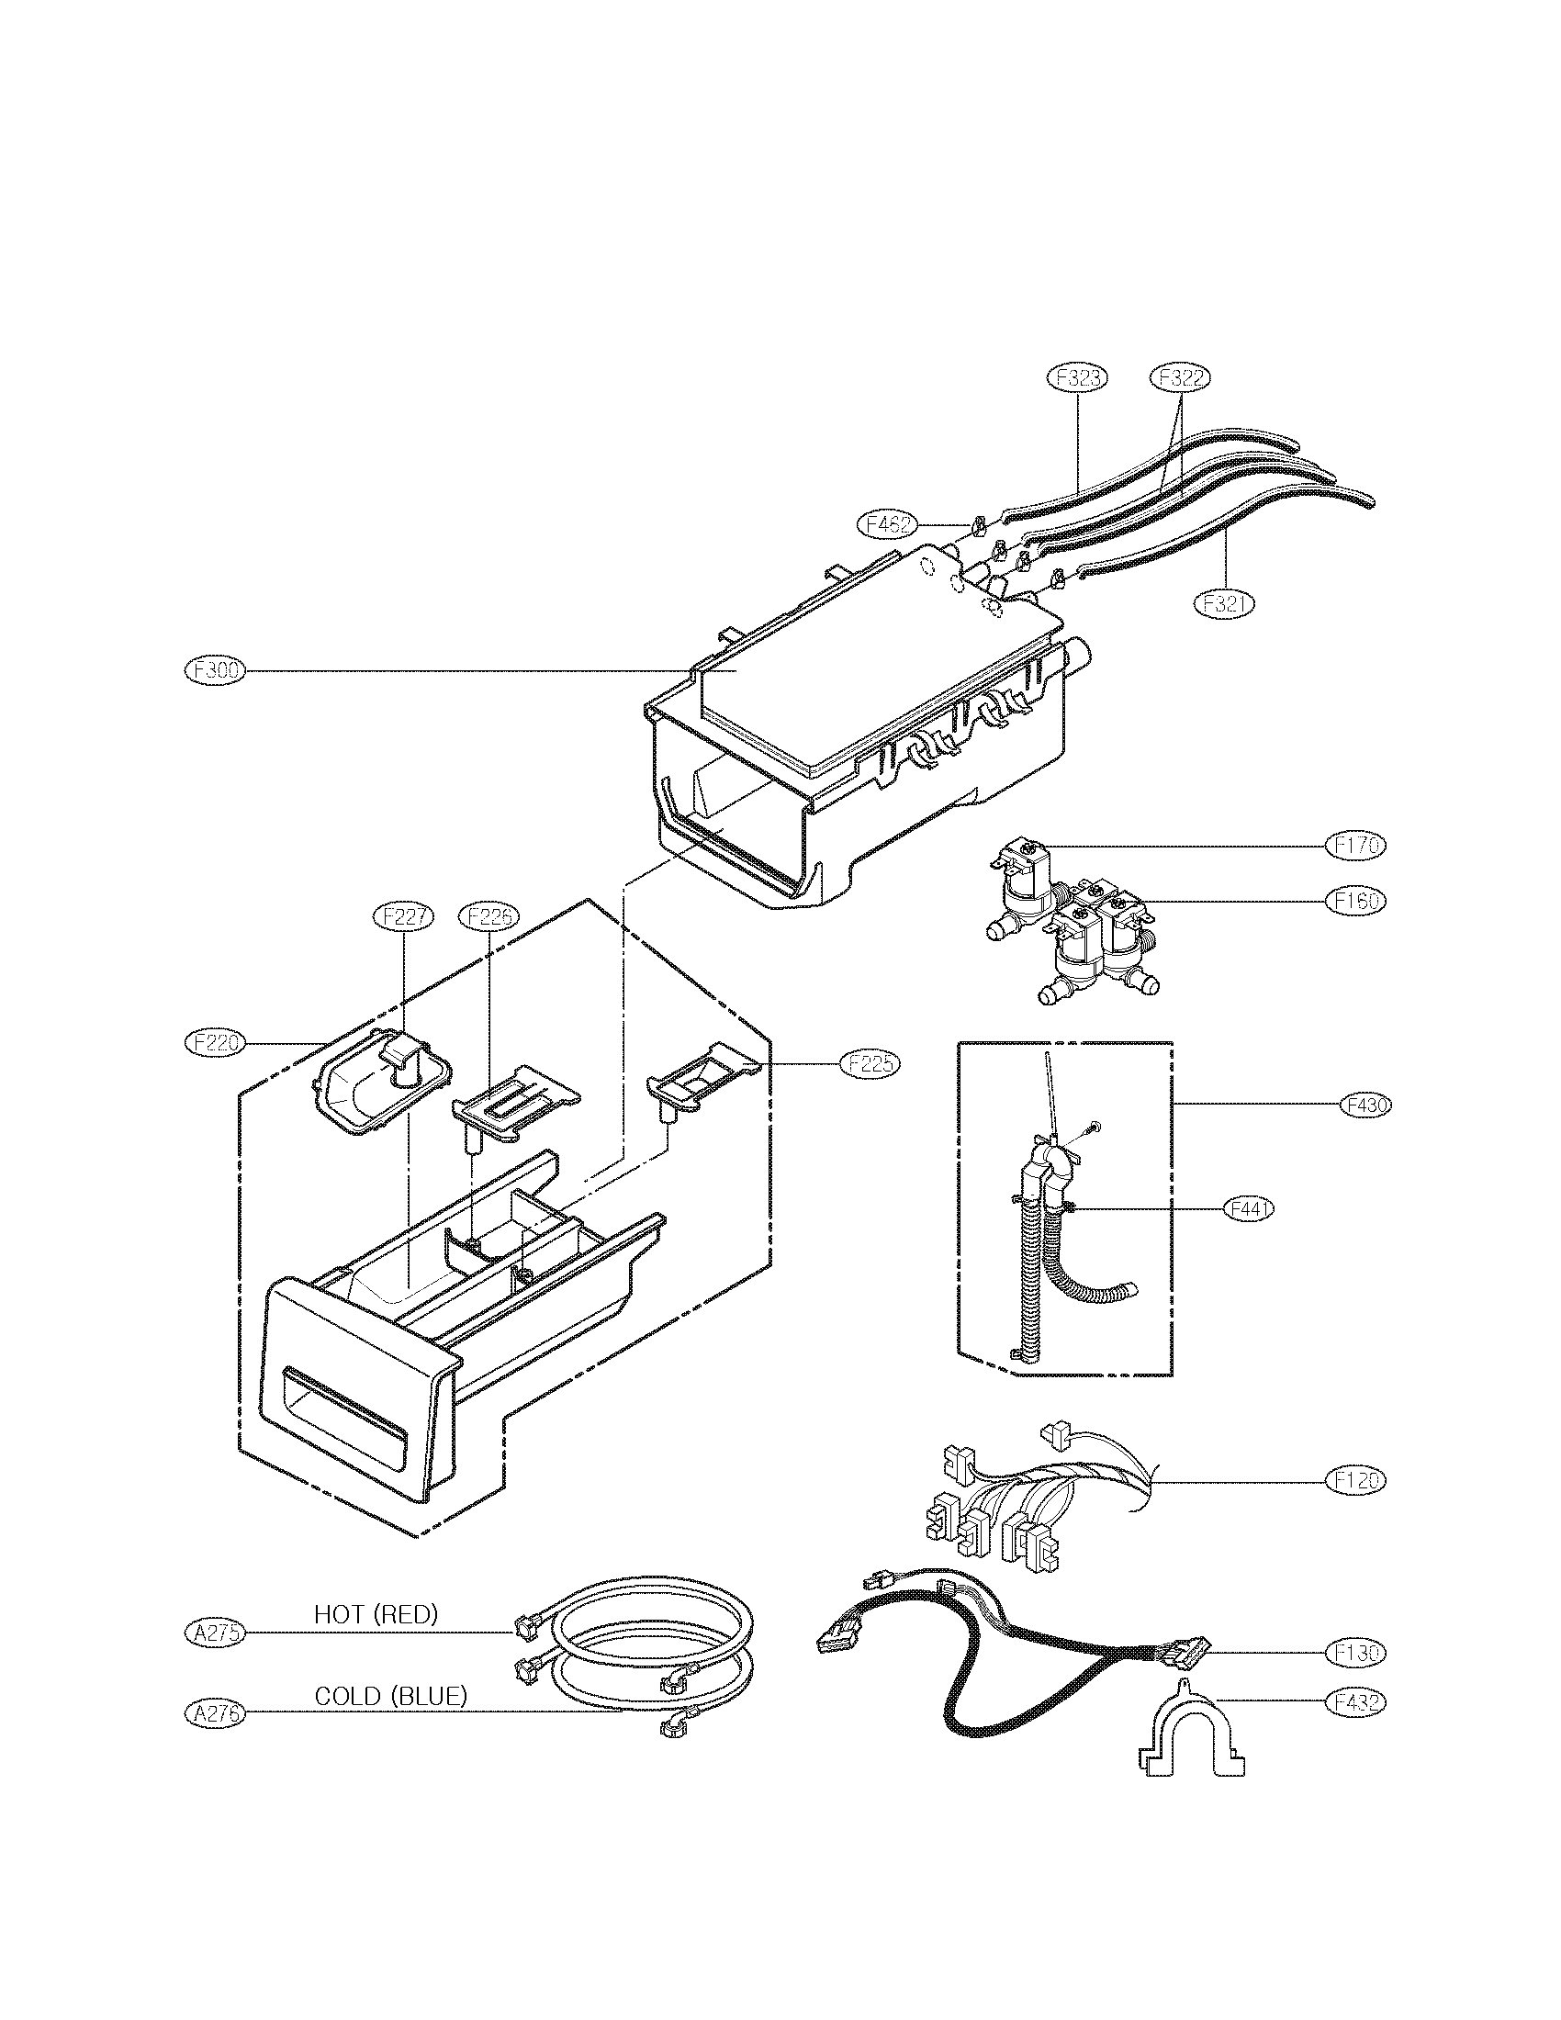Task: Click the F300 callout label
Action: pyautogui.click(x=214, y=670)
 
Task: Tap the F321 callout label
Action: pyautogui.click(x=1223, y=603)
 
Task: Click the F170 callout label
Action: pyautogui.click(x=1355, y=845)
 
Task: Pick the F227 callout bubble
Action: pyautogui.click(x=403, y=915)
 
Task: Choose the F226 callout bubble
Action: pyautogui.click(x=489, y=915)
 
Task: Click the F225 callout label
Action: pyautogui.click(x=870, y=1063)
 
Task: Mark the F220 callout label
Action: pyautogui.click(x=214, y=1042)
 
